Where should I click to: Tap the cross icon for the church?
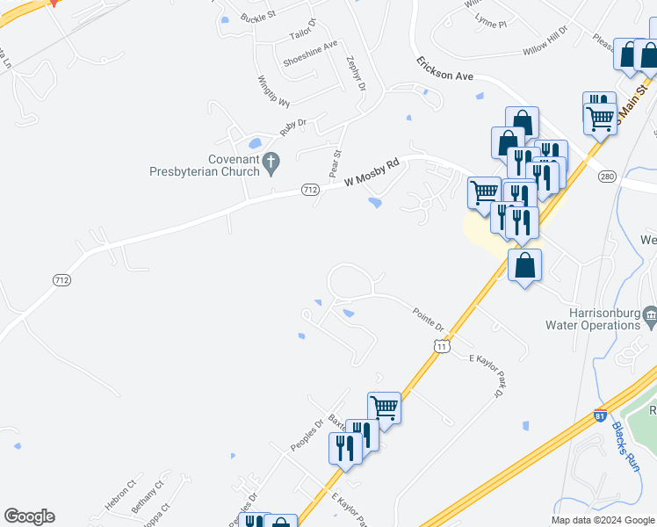pos(271,161)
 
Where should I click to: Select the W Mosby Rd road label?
pos(372,172)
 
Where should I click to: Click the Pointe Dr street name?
pos(429,318)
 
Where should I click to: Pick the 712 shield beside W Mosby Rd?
pos(309,189)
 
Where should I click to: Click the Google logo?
pos(29,516)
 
